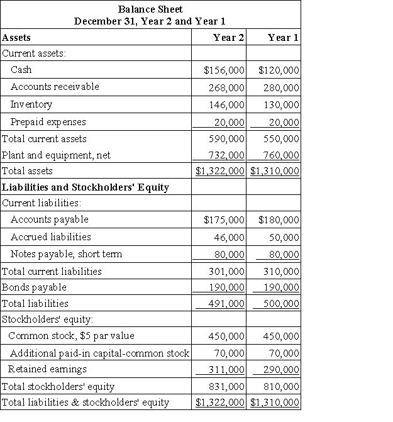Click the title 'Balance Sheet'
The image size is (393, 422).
[x=150, y=9]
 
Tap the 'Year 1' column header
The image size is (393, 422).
[x=283, y=38]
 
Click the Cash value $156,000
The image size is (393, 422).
[x=224, y=70]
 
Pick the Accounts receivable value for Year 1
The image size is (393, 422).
[x=279, y=87]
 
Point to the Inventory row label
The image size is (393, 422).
[x=31, y=104]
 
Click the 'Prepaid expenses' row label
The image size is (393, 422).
[x=48, y=122]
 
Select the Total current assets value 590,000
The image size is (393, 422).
[x=226, y=138]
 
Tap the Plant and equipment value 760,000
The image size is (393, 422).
[x=279, y=155]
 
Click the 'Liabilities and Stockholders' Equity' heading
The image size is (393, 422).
[x=86, y=187]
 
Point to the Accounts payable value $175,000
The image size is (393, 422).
[x=224, y=220]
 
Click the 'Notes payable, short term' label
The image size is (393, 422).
[x=66, y=254]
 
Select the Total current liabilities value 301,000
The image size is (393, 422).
[x=226, y=272]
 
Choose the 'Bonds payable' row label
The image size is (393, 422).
[x=35, y=287]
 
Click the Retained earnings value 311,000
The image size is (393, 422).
[x=226, y=370]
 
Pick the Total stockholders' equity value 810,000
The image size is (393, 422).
[x=279, y=387]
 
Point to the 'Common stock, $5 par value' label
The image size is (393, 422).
[x=72, y=336]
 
